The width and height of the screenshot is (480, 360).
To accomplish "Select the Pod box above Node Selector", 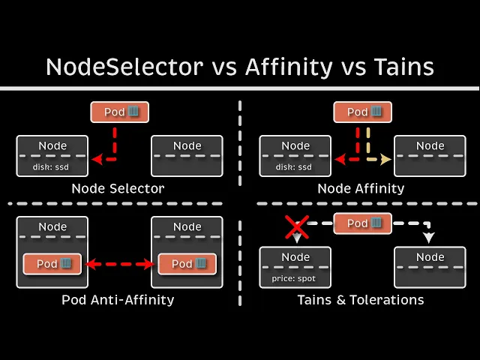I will coord(120,112).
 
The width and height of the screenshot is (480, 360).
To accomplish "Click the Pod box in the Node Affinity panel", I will coord(363,112).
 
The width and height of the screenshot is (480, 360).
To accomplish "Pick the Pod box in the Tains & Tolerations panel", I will coord(363,223).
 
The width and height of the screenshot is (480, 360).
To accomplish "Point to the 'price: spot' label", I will coord(295,278).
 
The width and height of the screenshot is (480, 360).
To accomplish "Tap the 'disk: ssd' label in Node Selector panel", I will coord(52,166).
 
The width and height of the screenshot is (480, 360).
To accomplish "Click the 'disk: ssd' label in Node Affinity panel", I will coord(295,166).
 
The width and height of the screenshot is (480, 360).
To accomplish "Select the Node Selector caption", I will coord(118,189).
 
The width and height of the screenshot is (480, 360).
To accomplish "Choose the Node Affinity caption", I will coord(361,189).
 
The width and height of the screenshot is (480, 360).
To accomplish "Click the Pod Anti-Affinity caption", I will coord(118,300).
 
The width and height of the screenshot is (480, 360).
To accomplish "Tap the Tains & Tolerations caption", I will coord(360,300).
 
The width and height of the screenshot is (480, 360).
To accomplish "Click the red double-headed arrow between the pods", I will coord(119,264).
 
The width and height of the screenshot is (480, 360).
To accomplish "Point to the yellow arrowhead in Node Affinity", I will coord(385,160).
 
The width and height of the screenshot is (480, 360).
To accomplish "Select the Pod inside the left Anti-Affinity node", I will coord(52,264).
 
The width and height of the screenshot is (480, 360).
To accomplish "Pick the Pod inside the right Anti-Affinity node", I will coord(187,264).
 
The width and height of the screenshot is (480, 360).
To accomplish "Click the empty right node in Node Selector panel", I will coord(187,156).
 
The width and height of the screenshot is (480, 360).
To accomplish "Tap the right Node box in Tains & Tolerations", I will coord(430,267).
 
